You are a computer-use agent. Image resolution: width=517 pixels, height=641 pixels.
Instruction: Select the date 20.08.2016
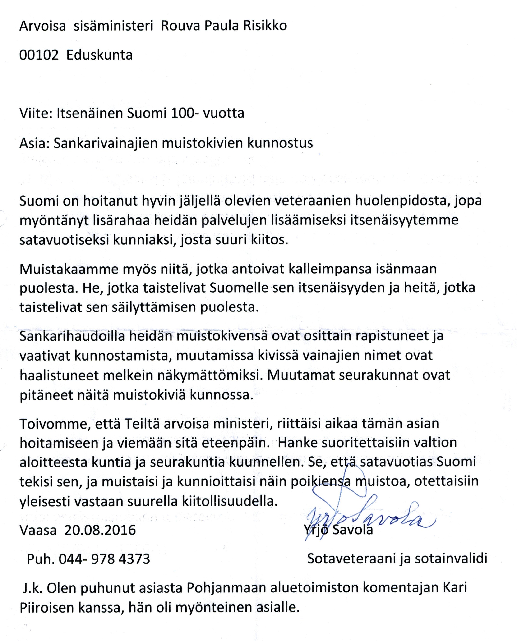pos(100,530)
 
